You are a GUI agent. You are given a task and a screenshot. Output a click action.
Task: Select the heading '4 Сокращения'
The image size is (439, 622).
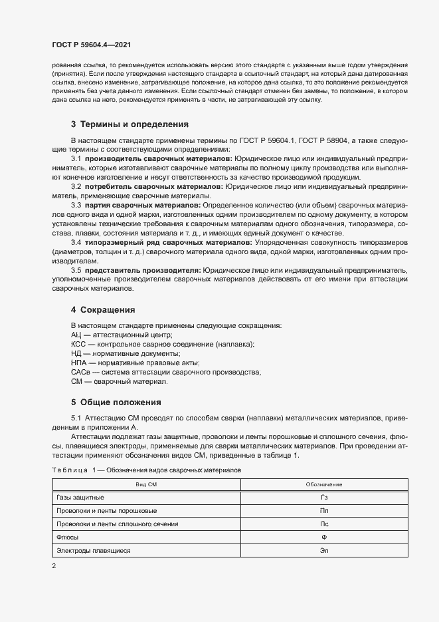pyautogui.click(x=102, y=309)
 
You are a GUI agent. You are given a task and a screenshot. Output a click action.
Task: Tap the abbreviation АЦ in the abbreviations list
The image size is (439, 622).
pyautogui.click(x=76, y=335)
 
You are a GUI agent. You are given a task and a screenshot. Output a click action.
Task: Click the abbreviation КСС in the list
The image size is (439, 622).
pyautogui.click(x=78, y=345)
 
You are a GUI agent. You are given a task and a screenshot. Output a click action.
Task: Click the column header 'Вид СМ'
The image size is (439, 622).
pyautogui.click(x=146, y=484)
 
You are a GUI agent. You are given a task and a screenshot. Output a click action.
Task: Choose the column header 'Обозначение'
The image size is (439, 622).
pyautogui.click(x=324, y=484)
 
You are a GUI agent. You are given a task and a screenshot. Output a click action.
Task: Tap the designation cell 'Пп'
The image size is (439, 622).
pyautogui.click(x=324, y=511)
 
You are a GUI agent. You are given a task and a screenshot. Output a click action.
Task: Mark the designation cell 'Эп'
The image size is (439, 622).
pyautogui.click(x=324, y=551)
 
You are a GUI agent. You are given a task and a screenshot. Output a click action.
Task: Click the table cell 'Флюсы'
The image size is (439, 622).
pyautogui.click(x=68, y=538)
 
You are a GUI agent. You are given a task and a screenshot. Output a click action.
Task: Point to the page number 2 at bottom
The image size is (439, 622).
pyautogui.click(x=54, y=566)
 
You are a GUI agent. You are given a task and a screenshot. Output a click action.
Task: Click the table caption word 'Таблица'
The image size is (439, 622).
pyautogui.click(x=69, y=470)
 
